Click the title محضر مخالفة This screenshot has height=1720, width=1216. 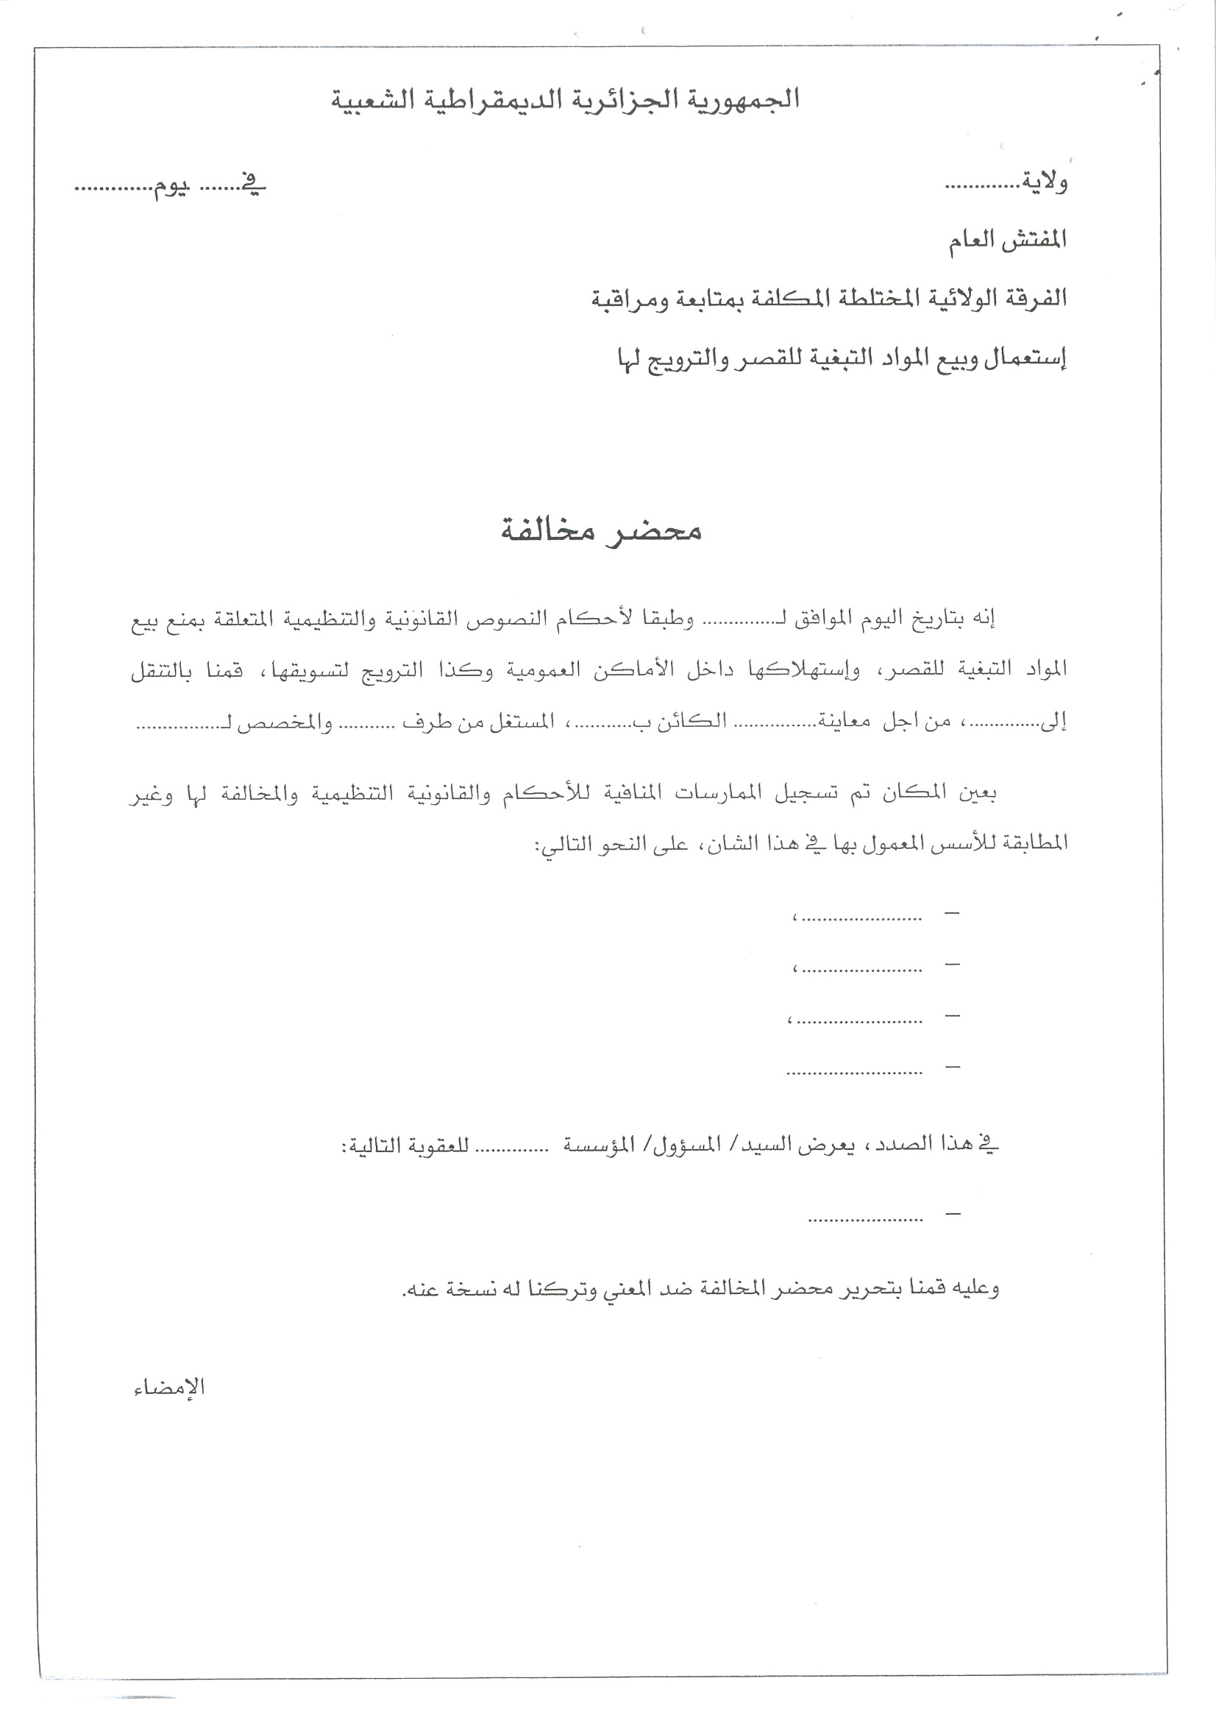click(601, 530)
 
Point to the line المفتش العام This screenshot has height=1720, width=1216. click(1007, 241)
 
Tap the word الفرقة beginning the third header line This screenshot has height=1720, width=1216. click(1031, 298)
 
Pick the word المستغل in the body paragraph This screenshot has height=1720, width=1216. click(522, 722)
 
